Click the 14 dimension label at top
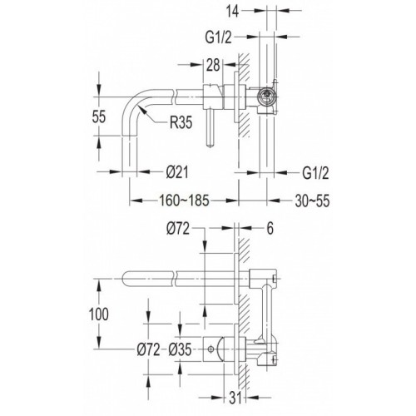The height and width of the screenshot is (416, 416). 232,12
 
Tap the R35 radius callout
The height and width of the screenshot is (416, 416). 181,122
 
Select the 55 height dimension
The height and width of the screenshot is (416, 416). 99,116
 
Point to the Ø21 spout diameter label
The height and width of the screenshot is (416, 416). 177,172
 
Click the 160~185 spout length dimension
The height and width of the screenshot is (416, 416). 184,201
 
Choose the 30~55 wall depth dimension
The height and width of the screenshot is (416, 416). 312,201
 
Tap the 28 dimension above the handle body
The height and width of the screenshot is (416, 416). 213,65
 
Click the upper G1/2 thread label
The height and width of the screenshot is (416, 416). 218,37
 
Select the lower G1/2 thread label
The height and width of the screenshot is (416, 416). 315,173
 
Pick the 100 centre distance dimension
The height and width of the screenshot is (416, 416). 99,314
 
